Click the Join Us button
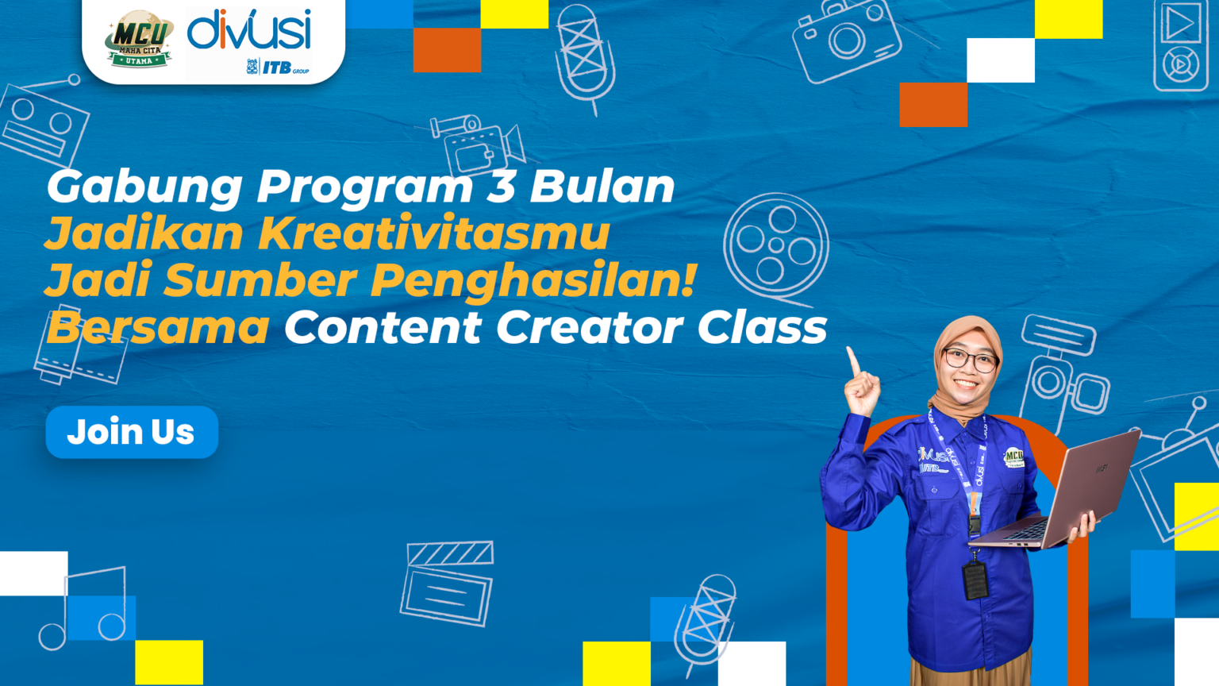[x=132, y=432]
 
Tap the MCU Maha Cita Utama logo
[x=140, y=39]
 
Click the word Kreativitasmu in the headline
[x=434, y=233]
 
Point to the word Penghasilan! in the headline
[x=533, y=281]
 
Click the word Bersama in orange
[x=158, y=328]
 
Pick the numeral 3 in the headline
[x=501, y=186]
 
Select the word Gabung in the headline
[x=144, y=187]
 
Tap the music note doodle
[x=84, y=608]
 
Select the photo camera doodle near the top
[x=846, y=40]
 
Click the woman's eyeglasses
[x=970, y=360]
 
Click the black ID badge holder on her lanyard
[x=975, y=579]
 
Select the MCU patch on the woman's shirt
[x=1013, y=457]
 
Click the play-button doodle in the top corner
[x=1180, y=24]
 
